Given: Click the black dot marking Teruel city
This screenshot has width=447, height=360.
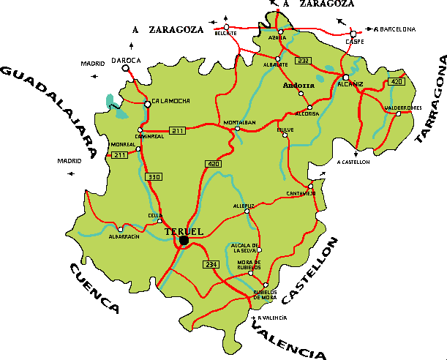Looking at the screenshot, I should pyautogui.click(x=184, y=240).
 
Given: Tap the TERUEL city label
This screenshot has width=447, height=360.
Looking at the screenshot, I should pyautogui.click(x=183, y=231).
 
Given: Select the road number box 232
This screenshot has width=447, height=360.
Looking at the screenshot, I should pyautogui.click(x=304, y=61).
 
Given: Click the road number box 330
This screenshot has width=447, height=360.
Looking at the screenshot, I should pyautogui.click(x=154, y=177).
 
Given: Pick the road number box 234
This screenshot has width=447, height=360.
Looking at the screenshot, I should pyautogui.click(x=211, y=264).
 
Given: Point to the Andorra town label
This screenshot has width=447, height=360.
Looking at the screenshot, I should pyautogui.click(x=298, y=86).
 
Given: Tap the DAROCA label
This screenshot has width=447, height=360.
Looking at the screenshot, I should pyautogui.click(x=125, y=60).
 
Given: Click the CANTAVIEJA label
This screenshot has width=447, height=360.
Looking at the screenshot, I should pyautogui.click(x=301, y=194).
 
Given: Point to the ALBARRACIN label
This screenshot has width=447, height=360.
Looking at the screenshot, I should pyautogui.click(x=124, y=236).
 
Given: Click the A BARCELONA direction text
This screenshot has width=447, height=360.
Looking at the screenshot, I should pyautogui.click(x=395, y=29).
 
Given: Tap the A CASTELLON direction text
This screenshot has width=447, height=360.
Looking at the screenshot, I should pyautogui.click(x=353, y=162).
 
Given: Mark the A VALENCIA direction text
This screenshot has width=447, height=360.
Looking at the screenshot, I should pyautogui.click(x=272, y=318).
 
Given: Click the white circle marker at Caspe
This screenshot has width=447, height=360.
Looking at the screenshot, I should pyautogui.click(x=353, y=33).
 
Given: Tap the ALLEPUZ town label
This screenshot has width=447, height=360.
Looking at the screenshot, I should pyautogui.click(x=244, y=206).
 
